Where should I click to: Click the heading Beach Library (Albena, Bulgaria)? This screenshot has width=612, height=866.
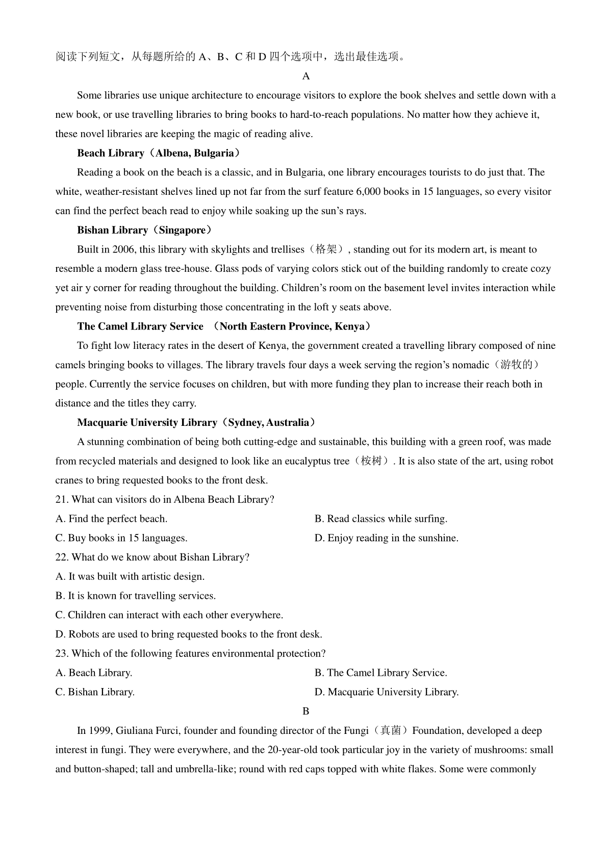tap(158, 153)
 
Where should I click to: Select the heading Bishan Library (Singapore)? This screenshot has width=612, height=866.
tap(144, 230)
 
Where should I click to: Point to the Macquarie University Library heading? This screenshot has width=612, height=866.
tap(196, 422)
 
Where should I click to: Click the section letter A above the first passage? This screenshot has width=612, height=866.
tap(306, 76)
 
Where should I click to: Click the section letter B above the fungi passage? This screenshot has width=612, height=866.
tap(306, 711)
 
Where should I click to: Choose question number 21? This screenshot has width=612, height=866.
tap(62, 500)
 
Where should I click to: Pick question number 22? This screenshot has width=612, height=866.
tap(62, 557)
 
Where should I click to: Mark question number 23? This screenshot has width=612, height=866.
tap(62, 654)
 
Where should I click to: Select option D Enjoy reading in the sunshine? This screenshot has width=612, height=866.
tap(387, 538)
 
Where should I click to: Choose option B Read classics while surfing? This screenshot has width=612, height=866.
tap(381, 519)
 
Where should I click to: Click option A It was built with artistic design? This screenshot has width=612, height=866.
tap(130, 577)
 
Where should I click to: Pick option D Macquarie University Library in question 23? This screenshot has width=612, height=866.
tap(387, 692)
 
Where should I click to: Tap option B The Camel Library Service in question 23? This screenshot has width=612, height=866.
tap(381, 673)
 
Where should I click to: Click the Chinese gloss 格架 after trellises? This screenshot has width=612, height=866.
tap(326, 249)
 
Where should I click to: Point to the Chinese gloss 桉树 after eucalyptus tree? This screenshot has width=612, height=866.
tap(371, 461)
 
